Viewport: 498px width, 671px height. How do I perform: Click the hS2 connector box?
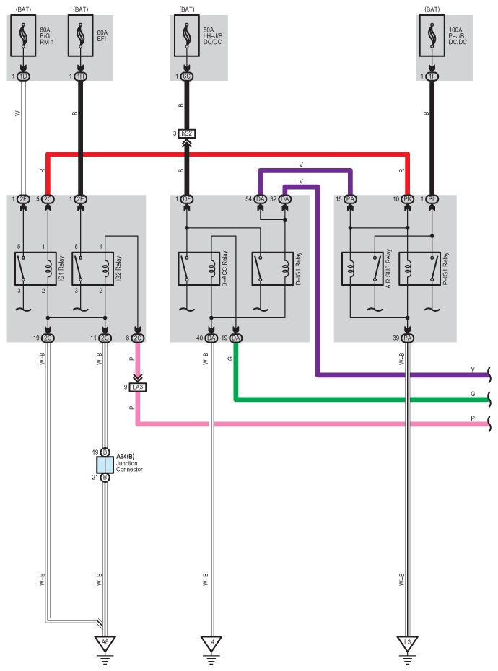coord(186,133)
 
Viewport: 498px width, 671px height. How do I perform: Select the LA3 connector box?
coord(137,387)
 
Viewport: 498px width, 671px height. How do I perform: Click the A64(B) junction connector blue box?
coord(105,465)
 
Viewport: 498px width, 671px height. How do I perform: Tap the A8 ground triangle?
coord(105,641)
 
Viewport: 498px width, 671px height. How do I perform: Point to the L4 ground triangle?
coord(211,641)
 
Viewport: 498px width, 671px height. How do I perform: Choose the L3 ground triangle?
coord(408,641)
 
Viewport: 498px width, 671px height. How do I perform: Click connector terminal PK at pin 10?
coord(408,199)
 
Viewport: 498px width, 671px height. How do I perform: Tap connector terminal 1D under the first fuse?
coord(23,76)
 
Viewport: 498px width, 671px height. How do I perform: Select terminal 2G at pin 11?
coord(105,338)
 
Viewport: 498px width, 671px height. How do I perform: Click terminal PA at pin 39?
coord(408,338)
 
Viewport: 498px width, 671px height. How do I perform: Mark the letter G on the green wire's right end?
coord(473,394)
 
